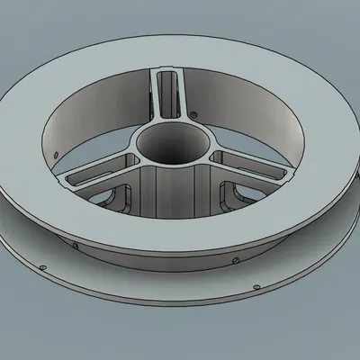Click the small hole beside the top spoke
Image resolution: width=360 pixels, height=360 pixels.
pyautogui.click(x=194, y=115)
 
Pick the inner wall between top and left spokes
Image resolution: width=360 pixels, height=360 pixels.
pyautogui.click(x=90, y=108)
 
